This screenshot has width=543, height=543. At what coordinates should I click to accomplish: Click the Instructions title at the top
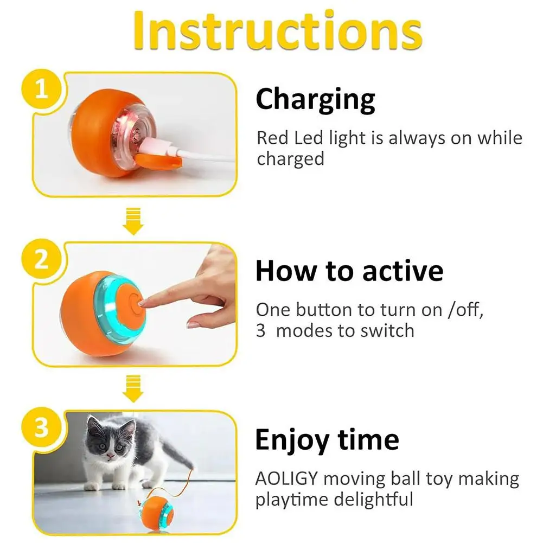(277, 31)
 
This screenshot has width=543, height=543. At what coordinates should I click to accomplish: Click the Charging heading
(315, 100)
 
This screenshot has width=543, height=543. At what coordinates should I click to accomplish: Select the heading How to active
(349, 271)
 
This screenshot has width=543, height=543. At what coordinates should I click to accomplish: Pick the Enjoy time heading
(327, 440)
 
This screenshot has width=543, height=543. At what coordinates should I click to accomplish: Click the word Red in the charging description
(272, 138)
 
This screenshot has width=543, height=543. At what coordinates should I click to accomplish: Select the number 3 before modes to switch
(260, 330)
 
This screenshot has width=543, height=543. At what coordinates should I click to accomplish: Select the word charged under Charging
(290, 159)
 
